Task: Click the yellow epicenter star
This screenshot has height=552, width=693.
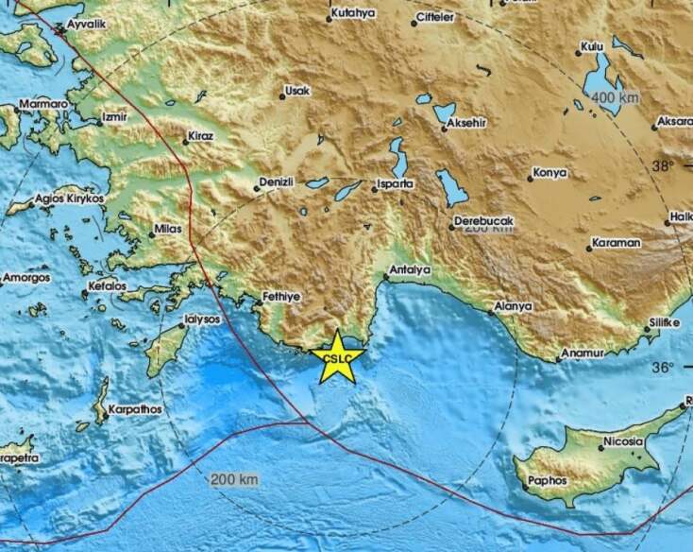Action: (x=337, y=357)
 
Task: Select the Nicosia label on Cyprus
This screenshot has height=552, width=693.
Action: (x=624, y=442)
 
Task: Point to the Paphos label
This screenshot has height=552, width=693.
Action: (x=549, y=480)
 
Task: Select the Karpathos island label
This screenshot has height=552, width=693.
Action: (x=134, y=409)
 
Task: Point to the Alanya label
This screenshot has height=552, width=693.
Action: (x=513, y=306)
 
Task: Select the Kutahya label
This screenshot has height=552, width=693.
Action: (x=354, y=13)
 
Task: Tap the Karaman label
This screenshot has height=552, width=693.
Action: (x=617, y=243)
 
